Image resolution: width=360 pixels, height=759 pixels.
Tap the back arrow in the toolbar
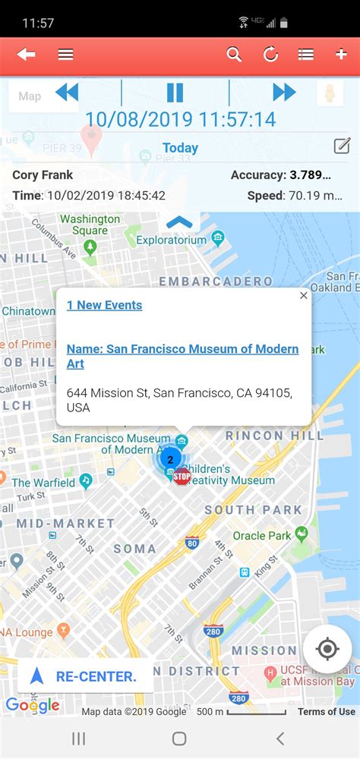(27, 55)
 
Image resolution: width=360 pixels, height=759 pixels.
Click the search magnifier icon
(234, 55)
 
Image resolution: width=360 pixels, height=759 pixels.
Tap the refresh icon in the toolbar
(270, 55)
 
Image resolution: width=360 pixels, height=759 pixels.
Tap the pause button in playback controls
(175, 93)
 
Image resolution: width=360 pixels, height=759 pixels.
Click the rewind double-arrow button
(67, 93)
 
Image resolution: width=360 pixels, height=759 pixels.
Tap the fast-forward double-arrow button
(284, 93)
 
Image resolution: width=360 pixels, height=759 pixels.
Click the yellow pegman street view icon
(330, 94)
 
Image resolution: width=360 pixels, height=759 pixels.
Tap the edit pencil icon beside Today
(342, 146)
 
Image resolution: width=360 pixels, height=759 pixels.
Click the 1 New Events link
(104, 305)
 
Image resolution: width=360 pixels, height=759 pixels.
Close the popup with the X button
(304, 295)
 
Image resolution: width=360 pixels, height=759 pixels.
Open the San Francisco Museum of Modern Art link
(182, 356)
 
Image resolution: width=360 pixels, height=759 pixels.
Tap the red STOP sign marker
(182, 477)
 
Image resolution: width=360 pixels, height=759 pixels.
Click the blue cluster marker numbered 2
(170, 459)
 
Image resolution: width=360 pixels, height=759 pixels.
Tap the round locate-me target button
(327, 649)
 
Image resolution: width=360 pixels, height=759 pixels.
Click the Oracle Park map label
(262, 536)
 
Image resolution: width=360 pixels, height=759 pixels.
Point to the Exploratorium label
(171, 240)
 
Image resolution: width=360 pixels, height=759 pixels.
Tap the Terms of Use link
(326, 711)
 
